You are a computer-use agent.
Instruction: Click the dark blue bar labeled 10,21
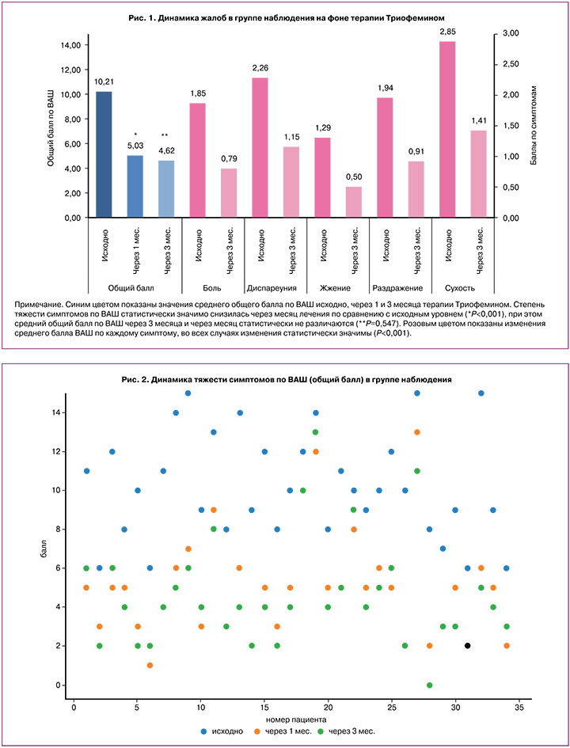coord(103,154)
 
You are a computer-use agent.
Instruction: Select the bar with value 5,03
coord(135,186)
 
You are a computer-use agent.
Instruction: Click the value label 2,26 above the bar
coord(260,67)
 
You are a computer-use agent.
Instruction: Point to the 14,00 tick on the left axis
coord(68,45)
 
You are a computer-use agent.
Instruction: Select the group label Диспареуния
coord(275,287)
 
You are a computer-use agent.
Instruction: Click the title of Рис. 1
coord(285,17)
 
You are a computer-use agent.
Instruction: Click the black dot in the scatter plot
coord(468,646)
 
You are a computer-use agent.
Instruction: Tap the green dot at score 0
coord(430,685)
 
